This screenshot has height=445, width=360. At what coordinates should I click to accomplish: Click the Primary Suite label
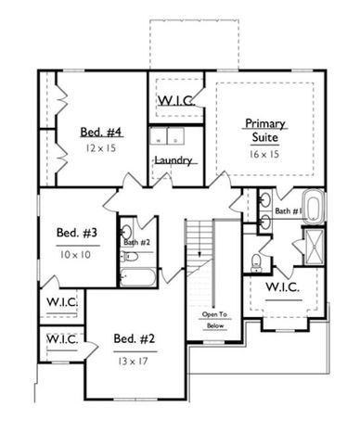pyautogui.click(x=265, y=130)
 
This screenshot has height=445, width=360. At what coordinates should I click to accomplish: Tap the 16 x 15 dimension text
pyautogui.click(x=265, y=154)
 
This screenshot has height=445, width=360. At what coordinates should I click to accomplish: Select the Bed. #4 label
pyautogui.click(x=102, y=133)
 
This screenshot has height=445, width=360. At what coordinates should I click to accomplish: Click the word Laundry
pyautogui.click(x=174, y=160)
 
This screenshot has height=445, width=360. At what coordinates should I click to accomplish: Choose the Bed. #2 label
pyautogui.click(x=134, y=337)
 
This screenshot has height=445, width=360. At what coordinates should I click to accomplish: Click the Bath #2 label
pyautogui.click(x=136, y=243)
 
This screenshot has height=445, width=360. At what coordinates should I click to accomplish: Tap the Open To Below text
pyautogui.click(x=214, y=321)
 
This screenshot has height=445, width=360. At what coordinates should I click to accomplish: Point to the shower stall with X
pyautogui.click(x=311, y=248)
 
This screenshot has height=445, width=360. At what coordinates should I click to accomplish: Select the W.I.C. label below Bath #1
pyautogui.click(x=282, y=287)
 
